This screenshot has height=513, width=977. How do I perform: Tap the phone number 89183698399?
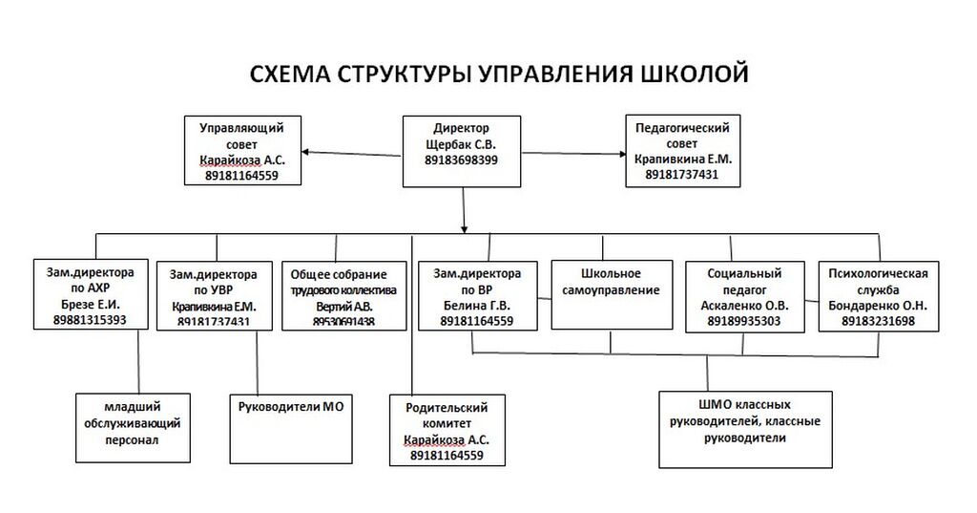[462, 160]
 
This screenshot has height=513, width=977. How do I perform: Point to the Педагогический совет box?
[682, 150]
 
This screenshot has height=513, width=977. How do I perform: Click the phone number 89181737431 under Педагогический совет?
[682, 175]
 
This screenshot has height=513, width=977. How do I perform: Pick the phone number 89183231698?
[879, 321]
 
